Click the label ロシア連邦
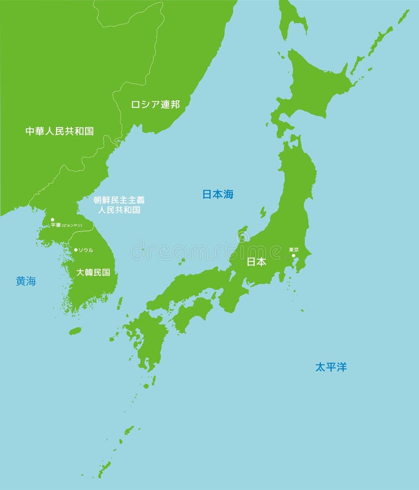155,104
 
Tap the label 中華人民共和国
59,131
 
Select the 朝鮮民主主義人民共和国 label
119,205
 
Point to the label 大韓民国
93,272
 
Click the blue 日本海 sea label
218,194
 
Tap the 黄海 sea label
26,281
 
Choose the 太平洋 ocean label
331,367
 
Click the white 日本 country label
256,262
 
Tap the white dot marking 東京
293,255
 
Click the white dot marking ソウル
76,250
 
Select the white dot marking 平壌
52,220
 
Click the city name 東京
294,249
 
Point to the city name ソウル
86,250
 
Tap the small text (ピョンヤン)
72,225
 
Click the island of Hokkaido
316,87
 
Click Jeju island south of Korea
75,330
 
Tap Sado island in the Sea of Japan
263,212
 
